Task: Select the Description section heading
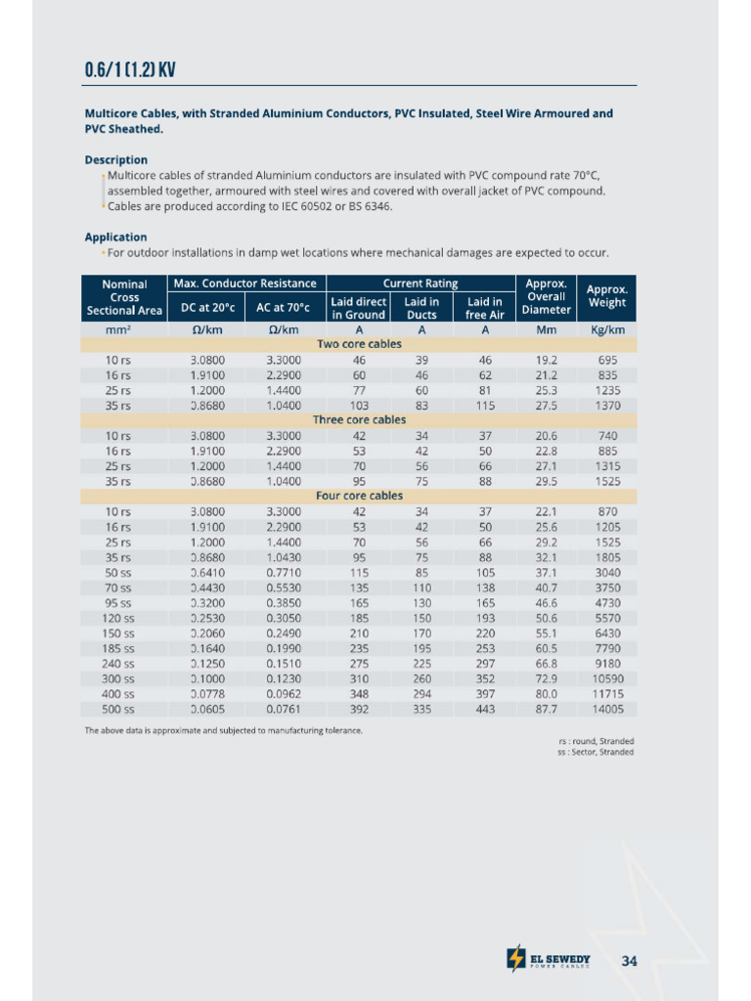(115, 159)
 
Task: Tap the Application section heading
(115, 237)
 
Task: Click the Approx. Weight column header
(606, 296)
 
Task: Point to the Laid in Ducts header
(421, 308)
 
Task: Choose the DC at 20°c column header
(207, 308)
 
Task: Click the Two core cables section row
(359, 344)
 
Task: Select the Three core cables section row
(359, 419)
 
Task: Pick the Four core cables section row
(359, 496)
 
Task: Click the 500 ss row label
(119, 709)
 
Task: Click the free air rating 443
(485, 709)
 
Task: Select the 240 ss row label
(119, 663)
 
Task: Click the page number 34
(629, 961)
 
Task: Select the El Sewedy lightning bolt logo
(515, 959)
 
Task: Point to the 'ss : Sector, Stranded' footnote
(589, 752)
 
